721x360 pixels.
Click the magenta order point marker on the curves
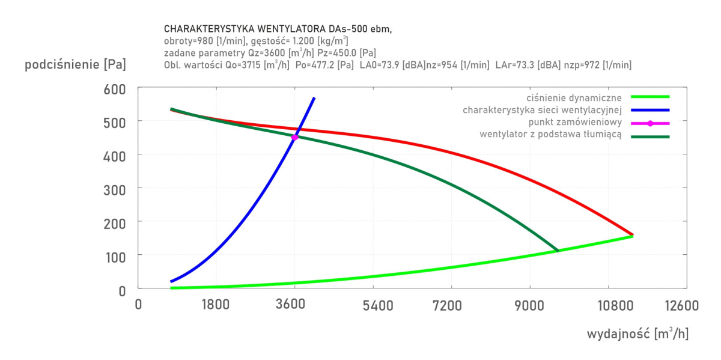294,138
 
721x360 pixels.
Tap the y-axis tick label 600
114,89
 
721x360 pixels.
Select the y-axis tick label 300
114,189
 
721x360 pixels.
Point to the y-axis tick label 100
114,255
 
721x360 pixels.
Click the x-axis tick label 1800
216,305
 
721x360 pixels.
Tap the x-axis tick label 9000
529,305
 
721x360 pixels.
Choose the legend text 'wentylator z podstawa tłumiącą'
550,135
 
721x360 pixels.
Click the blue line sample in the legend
650,110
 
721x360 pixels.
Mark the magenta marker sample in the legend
650,123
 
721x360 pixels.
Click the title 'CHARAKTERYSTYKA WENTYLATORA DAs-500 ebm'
278,29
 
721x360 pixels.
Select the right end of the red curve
632,234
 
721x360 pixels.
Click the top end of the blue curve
314,98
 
